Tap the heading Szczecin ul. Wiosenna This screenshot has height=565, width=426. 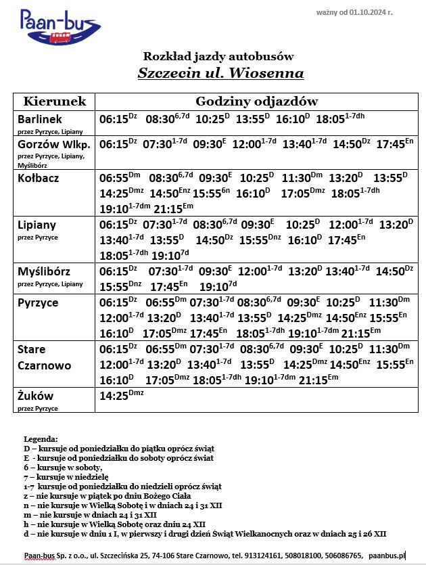[220, 73]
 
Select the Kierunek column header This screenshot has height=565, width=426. [55, 101]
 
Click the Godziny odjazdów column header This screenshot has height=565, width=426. [256, 101]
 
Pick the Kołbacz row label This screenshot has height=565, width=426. [39, 178]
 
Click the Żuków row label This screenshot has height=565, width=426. [35, 395]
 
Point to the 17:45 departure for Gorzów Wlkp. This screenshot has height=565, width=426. [390, 144]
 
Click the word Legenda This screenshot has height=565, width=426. [41, 439]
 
